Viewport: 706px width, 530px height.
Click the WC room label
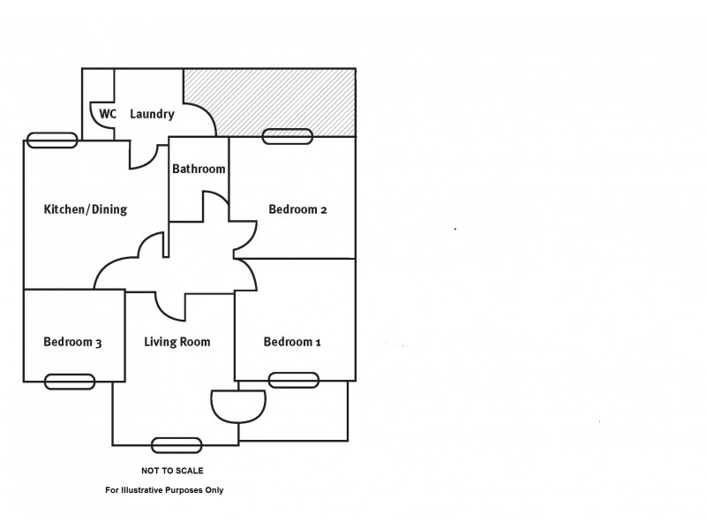click(108, 114)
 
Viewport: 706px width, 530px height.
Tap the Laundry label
click(152, 114)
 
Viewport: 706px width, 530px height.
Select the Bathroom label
click(199, 169)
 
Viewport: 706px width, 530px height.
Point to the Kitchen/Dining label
click(86, 210)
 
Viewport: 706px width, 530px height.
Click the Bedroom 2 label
click(298, 210)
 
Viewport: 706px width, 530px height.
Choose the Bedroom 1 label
click(291, 342)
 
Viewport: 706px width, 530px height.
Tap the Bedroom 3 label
click(72, 342)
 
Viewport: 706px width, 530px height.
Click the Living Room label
click(176, 342)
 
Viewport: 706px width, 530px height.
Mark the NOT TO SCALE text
click(172, 471)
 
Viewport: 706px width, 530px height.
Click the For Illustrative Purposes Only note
click(165, 490)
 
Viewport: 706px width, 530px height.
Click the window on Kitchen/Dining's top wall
click(52, 140)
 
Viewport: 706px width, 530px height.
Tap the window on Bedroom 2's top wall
click(287, 136)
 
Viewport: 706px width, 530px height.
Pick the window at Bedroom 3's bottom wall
click(70, 382)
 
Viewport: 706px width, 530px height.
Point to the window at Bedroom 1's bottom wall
click(294, 380)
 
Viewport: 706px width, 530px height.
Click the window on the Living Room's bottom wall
click(176, 445)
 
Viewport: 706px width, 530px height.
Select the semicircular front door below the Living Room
click(238, 405)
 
